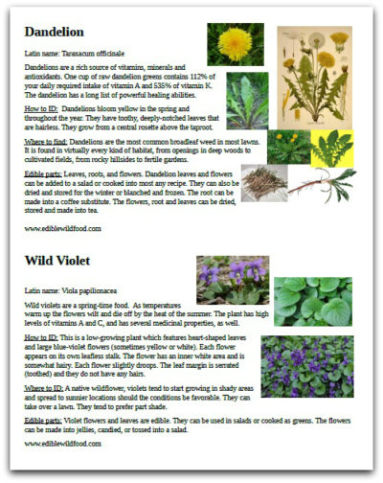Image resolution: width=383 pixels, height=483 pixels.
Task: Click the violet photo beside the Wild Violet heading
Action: pos(232,279)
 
